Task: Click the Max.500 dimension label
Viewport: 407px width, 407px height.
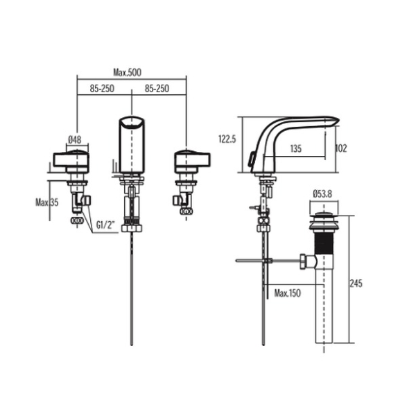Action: (x=127, y=72)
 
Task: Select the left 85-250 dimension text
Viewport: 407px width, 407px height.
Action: (x=102, y=89)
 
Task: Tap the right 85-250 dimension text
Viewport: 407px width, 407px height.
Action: (x=157, y=89)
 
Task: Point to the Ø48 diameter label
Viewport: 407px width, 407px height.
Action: (x=74, y=140)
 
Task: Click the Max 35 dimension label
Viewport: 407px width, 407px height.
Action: (x=47, y=202)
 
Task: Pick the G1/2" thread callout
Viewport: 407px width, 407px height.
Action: (x=105, y=225)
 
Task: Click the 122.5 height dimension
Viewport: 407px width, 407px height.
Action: (x=227, y=139)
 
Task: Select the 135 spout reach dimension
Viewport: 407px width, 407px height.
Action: (x=296, y=149)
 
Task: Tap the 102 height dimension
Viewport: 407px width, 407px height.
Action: (x=341, y=148)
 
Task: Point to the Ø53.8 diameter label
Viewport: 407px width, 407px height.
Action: (x=322, y=194)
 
